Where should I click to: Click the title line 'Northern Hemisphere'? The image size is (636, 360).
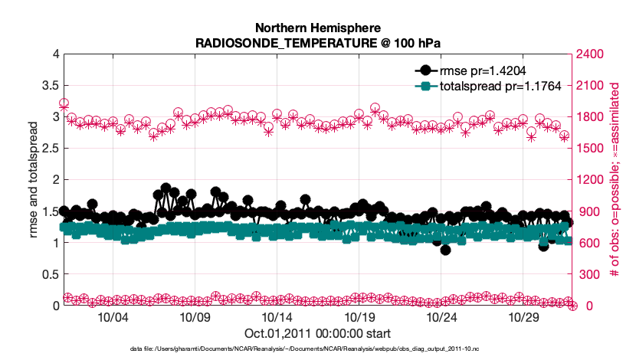pos(318,27)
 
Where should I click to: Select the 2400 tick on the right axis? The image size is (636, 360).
pos(588,54)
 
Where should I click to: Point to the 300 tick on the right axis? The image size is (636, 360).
pos(585,274)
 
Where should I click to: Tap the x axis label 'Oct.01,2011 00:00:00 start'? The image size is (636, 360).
pos(318,334)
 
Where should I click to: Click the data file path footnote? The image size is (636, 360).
pos(318,349)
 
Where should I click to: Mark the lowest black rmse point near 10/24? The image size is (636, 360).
pos(445,250)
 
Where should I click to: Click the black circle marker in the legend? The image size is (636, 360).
pos(425,70)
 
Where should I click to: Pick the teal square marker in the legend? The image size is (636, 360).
pos(425,86)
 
